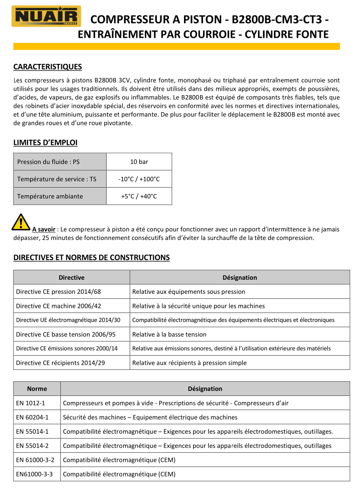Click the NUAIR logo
click(47, 16)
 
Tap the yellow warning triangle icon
click(21, 222)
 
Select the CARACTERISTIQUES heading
click(47, 67)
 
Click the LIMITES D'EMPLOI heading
click(45, 143)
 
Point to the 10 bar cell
click(139, 161)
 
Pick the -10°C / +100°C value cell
click(139, 179)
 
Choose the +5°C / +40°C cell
click(139, 196)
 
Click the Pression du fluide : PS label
click(48, 161)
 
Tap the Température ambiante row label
click(50, 196)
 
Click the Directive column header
click(71, 277)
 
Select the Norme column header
click(37, 388)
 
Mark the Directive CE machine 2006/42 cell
click(58, 306)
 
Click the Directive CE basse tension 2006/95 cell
click(65, 334)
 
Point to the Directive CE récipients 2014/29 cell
click(60, 363)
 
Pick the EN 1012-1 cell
click(31, 403)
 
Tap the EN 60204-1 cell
click(32, 417)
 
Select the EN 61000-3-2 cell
click(35, 460)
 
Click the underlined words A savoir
click(44, 229)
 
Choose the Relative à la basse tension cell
click(169, 334)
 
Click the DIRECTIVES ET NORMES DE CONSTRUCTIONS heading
click(92, 258)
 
